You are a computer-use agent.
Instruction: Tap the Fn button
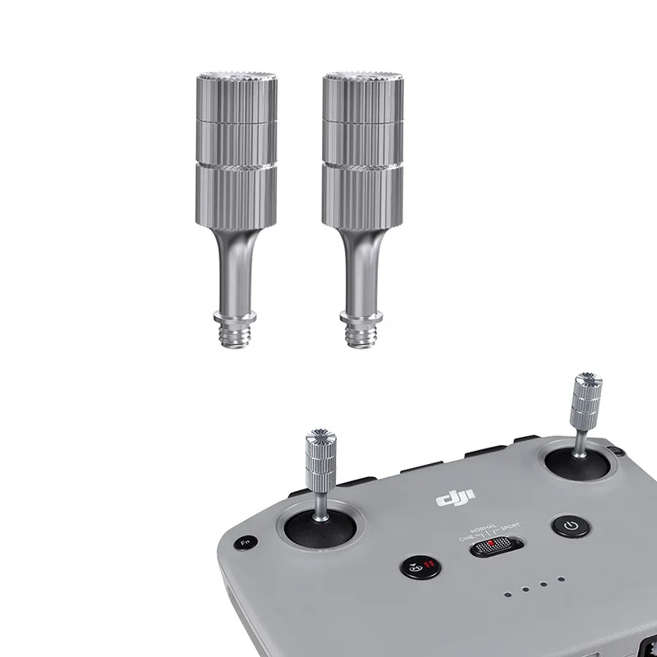[243, 543]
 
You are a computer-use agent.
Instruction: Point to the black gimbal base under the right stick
[579, 465]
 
